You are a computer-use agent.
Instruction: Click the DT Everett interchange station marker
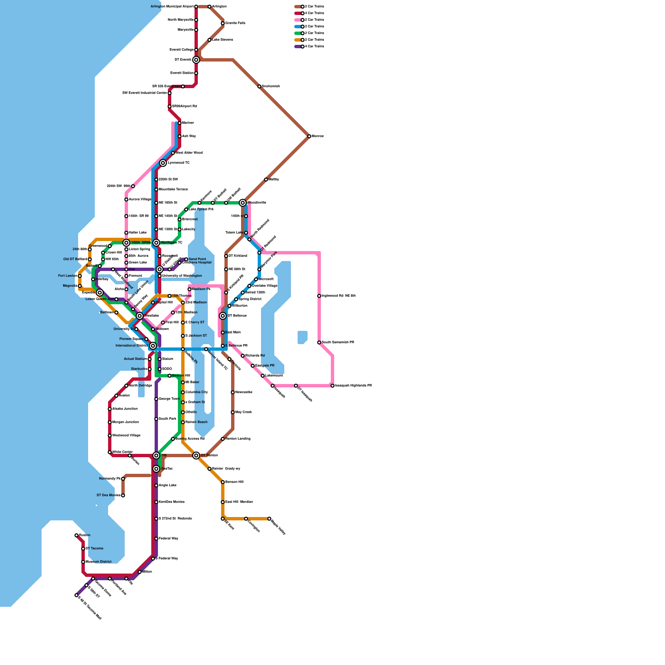click(x=196, y=60)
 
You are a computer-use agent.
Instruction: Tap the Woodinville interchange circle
click(x=243, y=203)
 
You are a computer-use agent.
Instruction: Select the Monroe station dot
click(x=309, y=136)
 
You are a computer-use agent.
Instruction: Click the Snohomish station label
click(x=271, y=86)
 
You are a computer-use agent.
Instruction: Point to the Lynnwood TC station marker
click(x=163, y=163)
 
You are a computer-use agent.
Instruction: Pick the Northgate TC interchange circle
click(x=156, y=243)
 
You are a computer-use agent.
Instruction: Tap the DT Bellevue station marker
click(x=223, y=316)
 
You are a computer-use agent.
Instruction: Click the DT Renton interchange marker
click(x=196, y=456)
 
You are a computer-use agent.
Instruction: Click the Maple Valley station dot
click(x=269, y=519)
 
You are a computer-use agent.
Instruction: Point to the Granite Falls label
click(x=235, y=23)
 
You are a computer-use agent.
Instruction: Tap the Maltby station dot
click(x=266, y=180)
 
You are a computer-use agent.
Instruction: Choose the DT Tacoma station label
click(x=94, y=549)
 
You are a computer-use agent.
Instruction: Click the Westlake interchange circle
click(x=140, y=316)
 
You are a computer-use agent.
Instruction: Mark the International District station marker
click(x=153, y=346)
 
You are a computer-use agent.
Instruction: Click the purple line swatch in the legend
click(x=298, y=47)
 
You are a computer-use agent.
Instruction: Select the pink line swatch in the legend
click(x=298, y=20)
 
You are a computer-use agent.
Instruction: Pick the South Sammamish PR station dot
click(x=319, y=342)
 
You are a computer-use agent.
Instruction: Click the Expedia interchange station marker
click(x=100, y=293)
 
